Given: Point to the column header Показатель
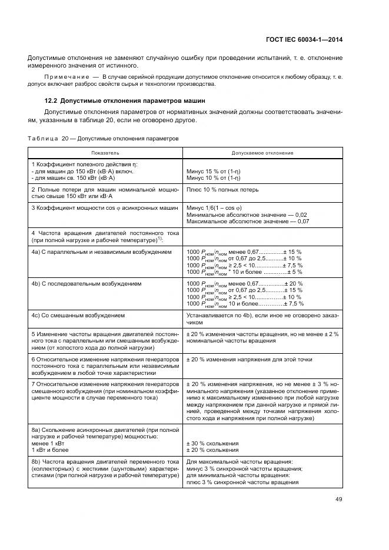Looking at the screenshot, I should tap(106, 153).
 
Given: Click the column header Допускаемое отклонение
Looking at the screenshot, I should tap(262, 153).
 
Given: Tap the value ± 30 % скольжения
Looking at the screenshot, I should tap(212, 443).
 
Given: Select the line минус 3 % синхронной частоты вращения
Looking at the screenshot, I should tap(244, 469).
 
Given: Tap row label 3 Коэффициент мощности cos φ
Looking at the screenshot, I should tap(104, 208).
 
